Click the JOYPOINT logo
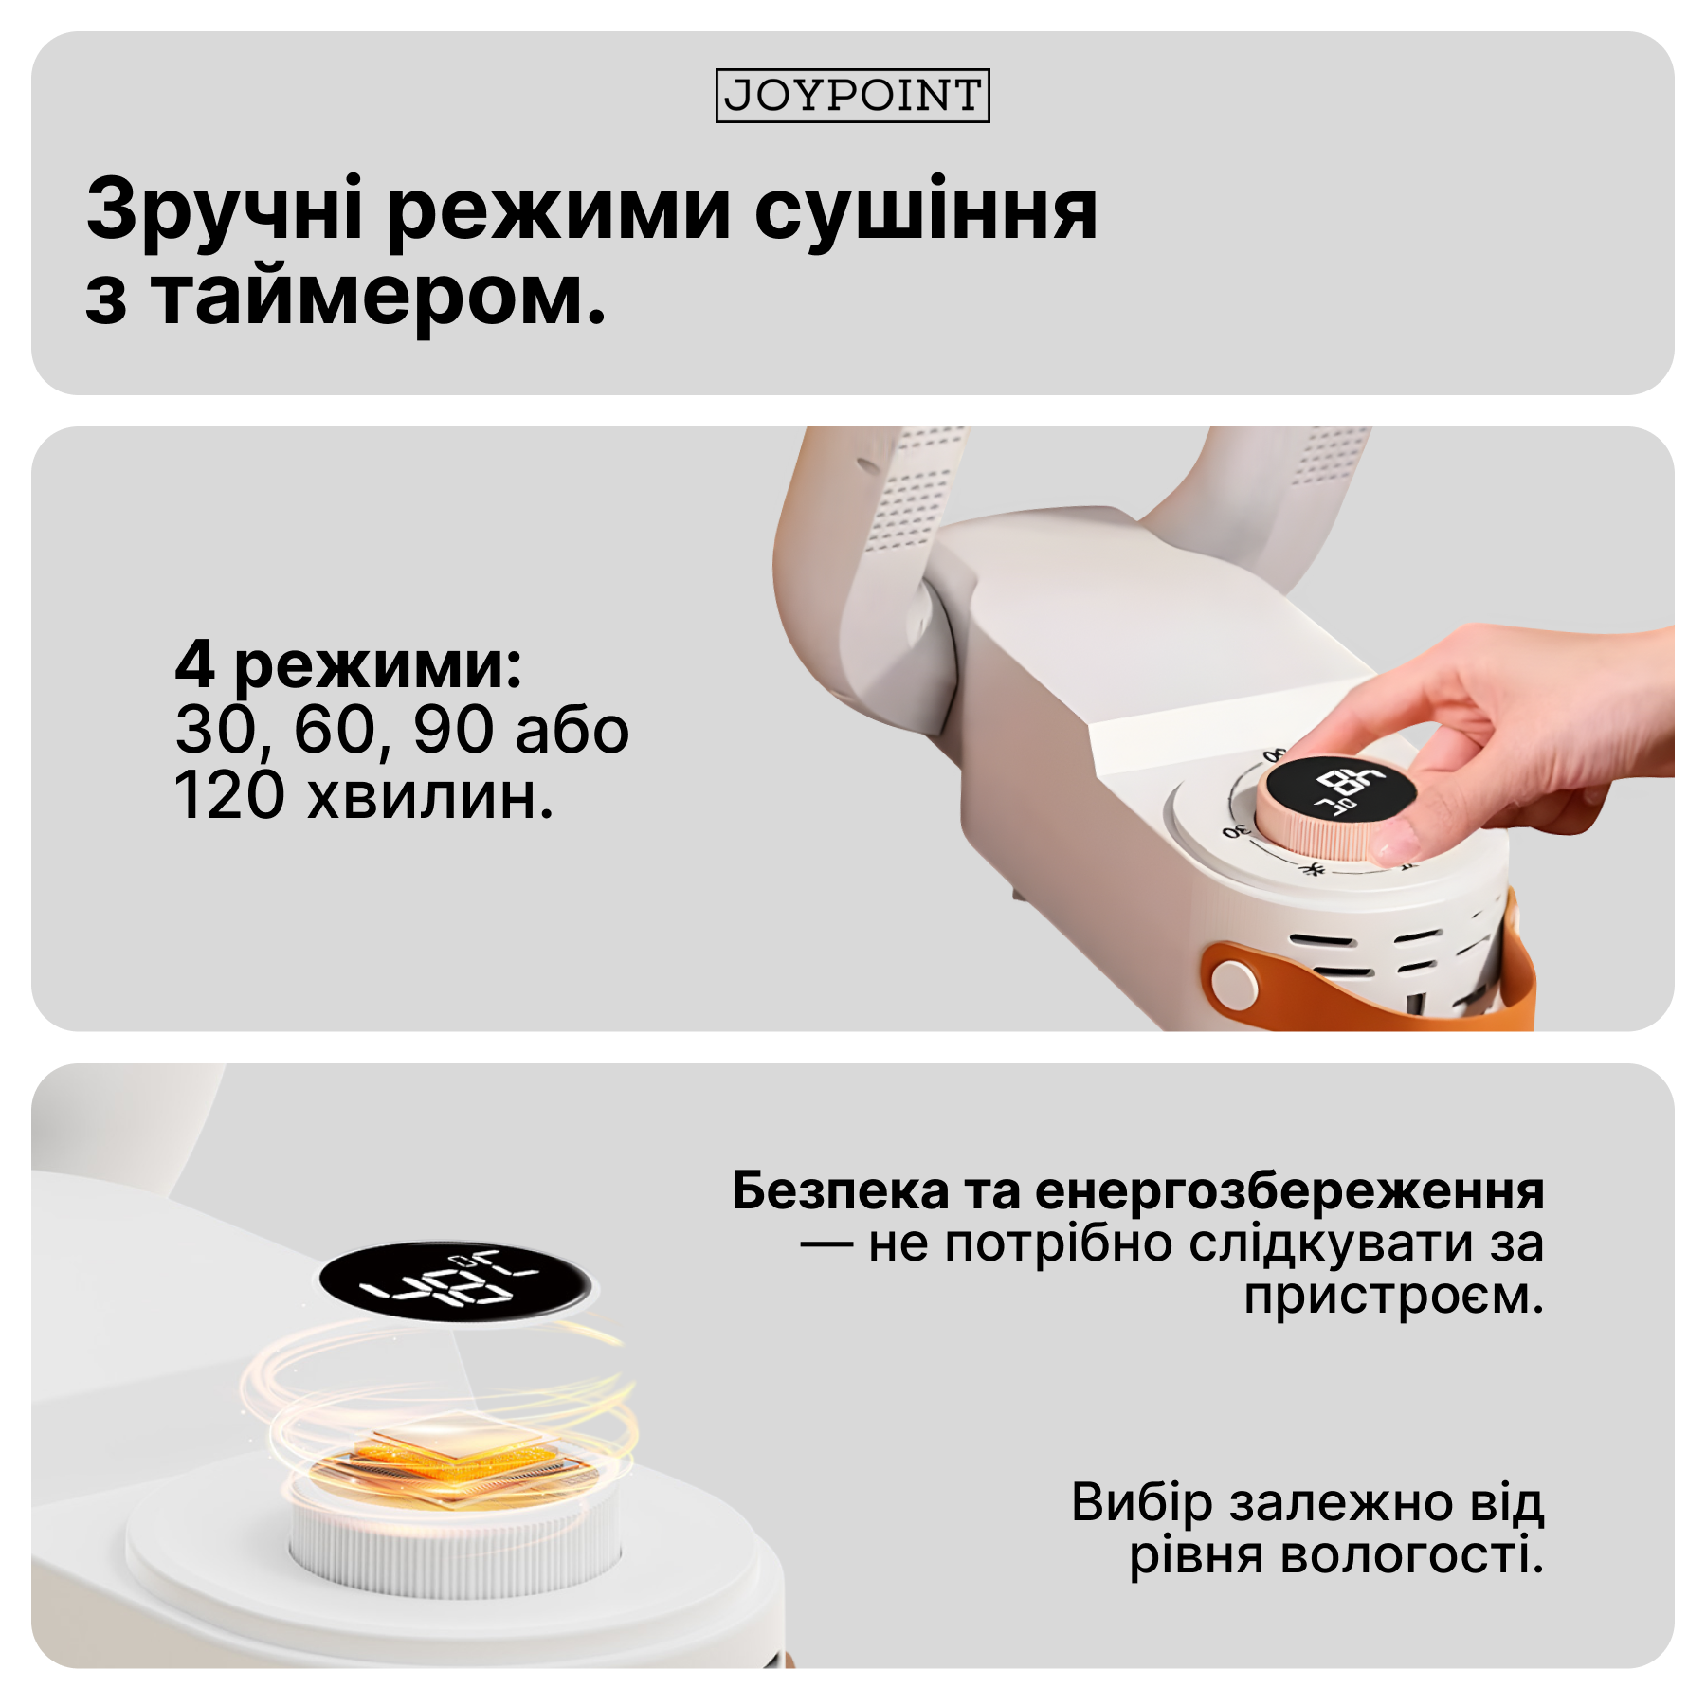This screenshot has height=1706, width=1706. click(x=852, y=96)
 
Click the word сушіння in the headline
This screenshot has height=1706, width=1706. click(x=926, y=210)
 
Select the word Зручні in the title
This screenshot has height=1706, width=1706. click(x=224, y=210)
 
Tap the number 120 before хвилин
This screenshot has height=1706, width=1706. click(x=229, y=796)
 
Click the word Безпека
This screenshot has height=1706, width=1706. click(x=840, y=1190)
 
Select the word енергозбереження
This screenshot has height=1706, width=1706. click(x=1289, y=1190)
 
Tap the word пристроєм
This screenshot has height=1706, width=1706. click(x=1393, y=1297)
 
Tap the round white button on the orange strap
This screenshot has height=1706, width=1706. click(x=1233, y=983)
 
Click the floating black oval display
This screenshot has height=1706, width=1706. click(x=455, y=1282)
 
